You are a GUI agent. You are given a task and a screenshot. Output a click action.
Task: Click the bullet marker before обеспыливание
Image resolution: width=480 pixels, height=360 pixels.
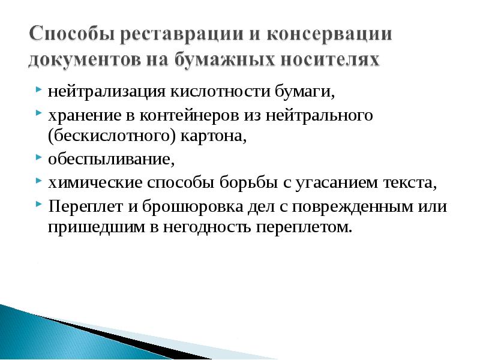(38, 159)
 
